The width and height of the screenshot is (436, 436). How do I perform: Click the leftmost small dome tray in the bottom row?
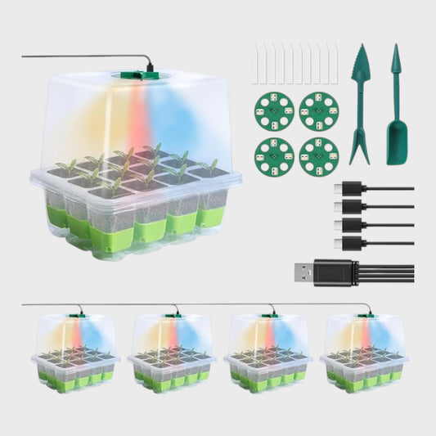tap(75, 353)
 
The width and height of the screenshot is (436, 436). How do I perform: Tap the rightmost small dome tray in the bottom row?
tap(365, 353)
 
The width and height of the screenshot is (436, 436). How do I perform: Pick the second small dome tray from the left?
tap(172, 353)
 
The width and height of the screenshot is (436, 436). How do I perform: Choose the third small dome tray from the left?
tap(268, 353)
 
